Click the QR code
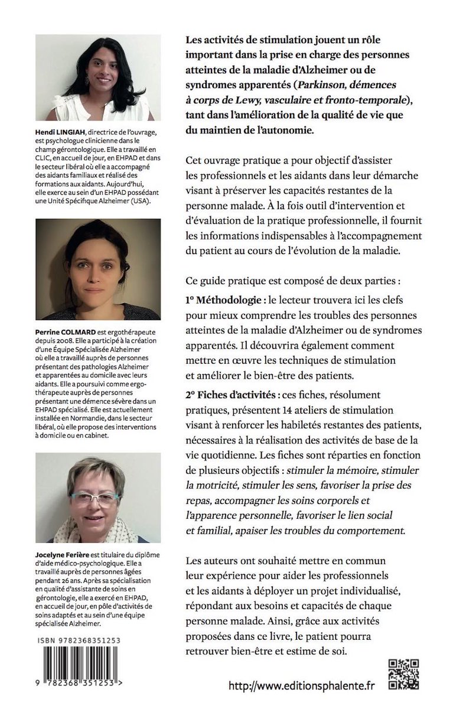pos(404,674)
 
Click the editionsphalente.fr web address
pos(301,685)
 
